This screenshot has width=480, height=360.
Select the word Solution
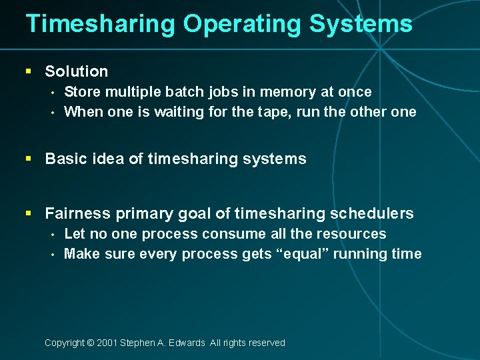[x=76, y=71]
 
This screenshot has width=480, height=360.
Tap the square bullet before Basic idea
[x=28, y=159]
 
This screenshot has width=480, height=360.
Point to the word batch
[x=173, y=92]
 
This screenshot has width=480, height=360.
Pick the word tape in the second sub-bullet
[x=270, y=112]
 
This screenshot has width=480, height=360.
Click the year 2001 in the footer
[x=107, y=343]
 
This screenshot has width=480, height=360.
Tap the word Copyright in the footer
[x=64, y=343]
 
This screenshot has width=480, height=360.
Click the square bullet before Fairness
[x=28, y=213]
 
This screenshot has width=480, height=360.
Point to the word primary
[x=141, y=213]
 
